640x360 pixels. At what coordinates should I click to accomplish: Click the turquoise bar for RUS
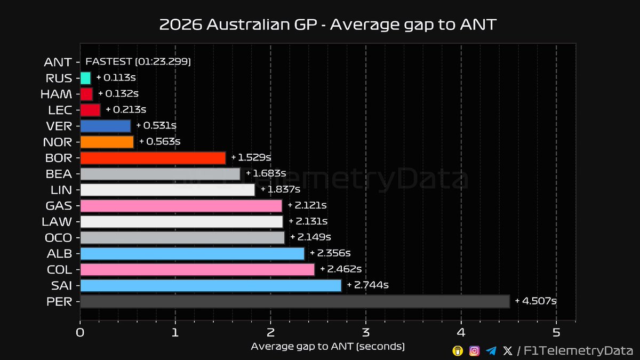tap(85, 78)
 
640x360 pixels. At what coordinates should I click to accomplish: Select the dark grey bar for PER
tap(295, 301)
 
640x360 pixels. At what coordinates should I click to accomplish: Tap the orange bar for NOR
tap(107, 142)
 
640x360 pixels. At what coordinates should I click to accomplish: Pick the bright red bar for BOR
tap(153, 158)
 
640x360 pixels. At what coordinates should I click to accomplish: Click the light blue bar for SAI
tap(211, 285)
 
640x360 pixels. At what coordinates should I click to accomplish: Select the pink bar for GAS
tap(181, 206)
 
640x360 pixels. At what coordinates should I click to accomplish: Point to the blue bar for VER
tap(106, 126)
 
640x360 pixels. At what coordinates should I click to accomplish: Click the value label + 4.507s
tap(536, 301)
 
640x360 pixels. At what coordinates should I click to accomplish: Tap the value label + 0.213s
tap(126, 110)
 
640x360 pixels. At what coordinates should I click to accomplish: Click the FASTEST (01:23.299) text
tap(138, 62)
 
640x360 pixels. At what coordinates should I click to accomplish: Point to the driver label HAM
tap(56, 94)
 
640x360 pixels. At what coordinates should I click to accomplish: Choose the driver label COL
tap(59, 269)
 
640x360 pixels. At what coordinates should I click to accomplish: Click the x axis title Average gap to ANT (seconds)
tap(327, 347)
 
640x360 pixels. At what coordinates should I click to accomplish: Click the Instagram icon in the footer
tap(474, 350)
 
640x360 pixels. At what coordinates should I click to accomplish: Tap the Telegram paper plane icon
tap(491, 350)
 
